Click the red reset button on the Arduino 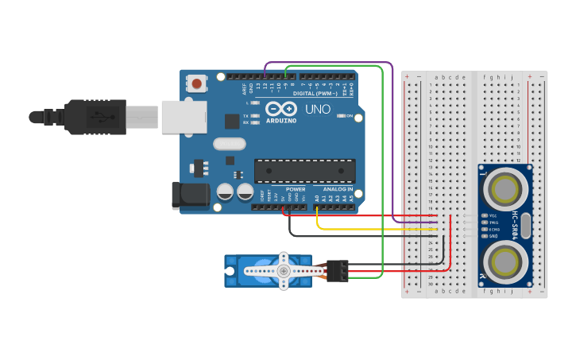tap(196, 82)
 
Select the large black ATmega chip tap(304, 170)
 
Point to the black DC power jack tap(189, 196)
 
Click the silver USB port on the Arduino tap(182, 116)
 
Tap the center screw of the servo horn tap(283, 271)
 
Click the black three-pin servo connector tap(338, 271)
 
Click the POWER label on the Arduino tap(296, 189)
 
